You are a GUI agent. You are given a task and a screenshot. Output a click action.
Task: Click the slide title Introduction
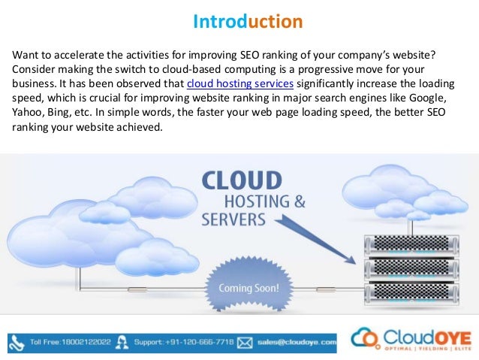[x=248, y=21]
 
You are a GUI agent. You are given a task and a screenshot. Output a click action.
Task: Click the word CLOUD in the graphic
[x=242, y=182]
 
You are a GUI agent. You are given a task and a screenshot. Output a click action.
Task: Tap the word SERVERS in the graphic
[x=233, y=221]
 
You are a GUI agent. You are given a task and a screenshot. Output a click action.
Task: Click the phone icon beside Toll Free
[x=18, y=342]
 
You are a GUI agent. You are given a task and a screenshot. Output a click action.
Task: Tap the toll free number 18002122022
[x=84, y=342]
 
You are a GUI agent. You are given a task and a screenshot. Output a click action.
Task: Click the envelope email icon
[x=244, y=343]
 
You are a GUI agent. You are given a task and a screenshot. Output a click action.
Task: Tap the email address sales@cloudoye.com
[x=296, y=342]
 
